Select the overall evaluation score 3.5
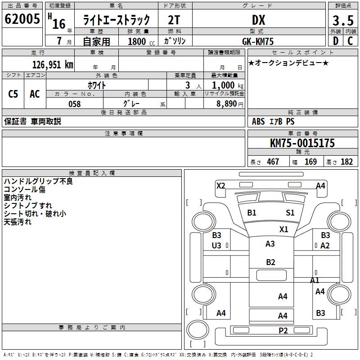coord(342,20)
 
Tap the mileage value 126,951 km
coord(53,65)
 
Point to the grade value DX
coord(258,20)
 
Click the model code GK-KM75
coord(258,41)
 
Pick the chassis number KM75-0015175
coord(302,144)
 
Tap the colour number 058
coord(74,104)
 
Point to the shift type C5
coord(13,94)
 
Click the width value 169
coord(310,162)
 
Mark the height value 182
coord(346,162)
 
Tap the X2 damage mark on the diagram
coord(220,185)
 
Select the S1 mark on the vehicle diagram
coord(290,213)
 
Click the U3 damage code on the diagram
coord(216,245)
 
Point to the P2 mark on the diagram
coord(283,331)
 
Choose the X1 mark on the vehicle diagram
coord(283,229)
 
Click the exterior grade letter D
coord(335,41)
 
